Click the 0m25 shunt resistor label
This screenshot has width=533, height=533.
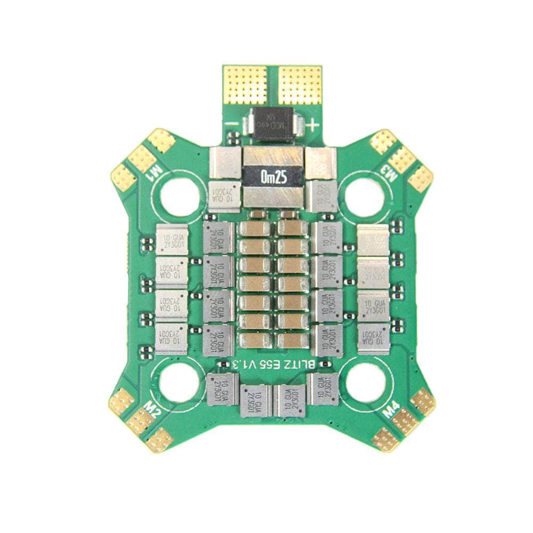(274, 176)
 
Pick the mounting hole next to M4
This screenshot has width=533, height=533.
(365, 383)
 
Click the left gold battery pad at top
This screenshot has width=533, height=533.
(245, 85)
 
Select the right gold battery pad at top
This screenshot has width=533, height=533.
(300, 85)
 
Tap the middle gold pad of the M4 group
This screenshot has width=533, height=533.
(405, 421)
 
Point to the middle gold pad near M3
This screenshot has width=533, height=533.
(402, 159)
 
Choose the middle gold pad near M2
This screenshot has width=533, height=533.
(140, 421)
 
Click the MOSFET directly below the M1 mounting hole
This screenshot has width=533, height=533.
(172, 239)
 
